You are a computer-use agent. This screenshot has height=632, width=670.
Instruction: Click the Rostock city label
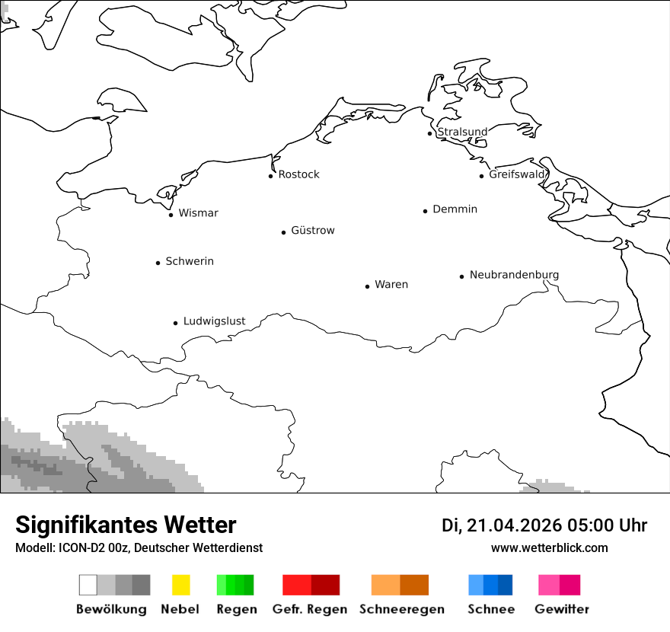(298, 174)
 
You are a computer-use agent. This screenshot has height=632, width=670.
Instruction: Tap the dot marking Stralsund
(429, 133)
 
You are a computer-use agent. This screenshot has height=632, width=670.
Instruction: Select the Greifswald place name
(517, 174)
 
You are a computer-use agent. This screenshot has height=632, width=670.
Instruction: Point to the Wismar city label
(198, 213)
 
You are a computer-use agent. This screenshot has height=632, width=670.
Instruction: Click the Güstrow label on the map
(312, 231)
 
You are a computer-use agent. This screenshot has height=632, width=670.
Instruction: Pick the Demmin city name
(455, 209)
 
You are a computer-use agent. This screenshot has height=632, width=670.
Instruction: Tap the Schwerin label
(190, 261)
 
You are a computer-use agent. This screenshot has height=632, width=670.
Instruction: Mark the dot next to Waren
(367, 286)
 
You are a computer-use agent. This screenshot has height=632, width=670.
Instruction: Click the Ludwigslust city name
(214, 321)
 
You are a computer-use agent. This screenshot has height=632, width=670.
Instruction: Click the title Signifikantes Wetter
(126, 525)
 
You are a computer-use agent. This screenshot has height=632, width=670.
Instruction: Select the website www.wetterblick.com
(549, 547)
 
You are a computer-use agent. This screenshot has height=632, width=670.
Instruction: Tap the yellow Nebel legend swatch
(180, 585)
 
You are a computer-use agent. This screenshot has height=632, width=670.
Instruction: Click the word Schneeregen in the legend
(401, 609)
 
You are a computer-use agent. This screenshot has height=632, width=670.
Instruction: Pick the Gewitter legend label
(562, 609)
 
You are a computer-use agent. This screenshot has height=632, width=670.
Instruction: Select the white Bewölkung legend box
(88, 585)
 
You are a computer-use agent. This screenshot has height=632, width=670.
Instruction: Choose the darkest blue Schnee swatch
(506, 585)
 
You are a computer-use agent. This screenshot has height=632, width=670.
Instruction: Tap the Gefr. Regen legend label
(309, 609)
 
